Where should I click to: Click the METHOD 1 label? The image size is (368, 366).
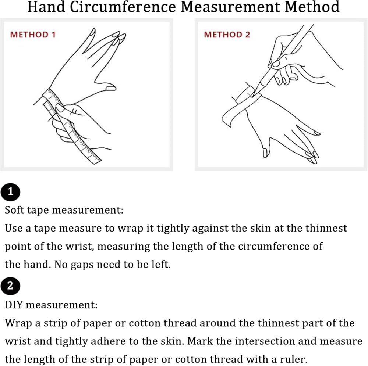33,35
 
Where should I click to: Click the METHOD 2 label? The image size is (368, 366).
227,35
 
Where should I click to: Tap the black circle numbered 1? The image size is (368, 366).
10,192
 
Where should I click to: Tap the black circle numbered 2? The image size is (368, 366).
10,286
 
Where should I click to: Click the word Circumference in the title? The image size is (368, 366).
123,7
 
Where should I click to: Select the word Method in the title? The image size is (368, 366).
312,7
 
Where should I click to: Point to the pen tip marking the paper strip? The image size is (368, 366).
253,96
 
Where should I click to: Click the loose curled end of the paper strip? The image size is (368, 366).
226,120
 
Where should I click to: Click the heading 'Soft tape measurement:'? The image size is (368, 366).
64,210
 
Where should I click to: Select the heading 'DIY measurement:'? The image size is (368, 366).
51,305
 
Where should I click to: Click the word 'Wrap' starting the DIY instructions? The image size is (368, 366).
18,323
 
